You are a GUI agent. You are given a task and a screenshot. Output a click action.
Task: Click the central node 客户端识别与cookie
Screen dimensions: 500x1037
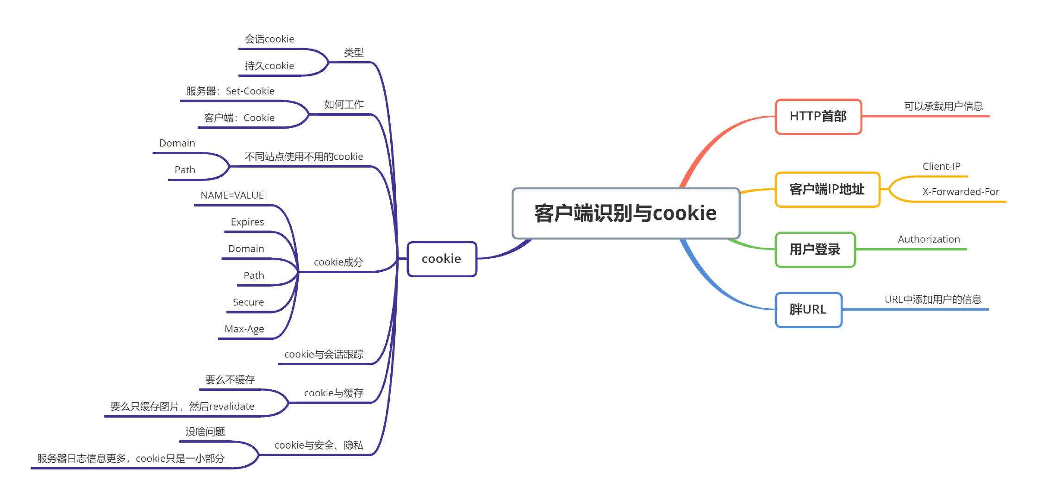(x=625, y=213)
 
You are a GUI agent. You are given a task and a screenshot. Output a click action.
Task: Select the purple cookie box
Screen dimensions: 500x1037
(x=442, y=259)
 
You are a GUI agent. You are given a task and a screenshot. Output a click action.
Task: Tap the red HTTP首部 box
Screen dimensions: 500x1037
(x=818, y=116)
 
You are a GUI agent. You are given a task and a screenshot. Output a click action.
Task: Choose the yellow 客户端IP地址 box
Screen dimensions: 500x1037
(x=827, y=189)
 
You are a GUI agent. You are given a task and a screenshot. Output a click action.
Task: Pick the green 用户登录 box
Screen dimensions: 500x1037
(x=815, y=250)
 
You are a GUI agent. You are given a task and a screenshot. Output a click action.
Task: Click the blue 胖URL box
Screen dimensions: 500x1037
(x=808, y=309)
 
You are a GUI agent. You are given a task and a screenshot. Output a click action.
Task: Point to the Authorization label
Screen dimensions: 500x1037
(x=929, y=239)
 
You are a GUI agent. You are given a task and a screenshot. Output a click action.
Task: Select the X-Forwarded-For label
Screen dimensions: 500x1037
(x=960, y=192)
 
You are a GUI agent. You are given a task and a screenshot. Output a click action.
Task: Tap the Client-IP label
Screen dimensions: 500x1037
(x=941, y=166)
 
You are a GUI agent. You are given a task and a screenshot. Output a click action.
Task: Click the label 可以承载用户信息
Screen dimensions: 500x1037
(x=943, y=106)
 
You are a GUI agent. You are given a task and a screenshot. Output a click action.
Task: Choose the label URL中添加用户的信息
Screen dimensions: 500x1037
(x=933, y=300)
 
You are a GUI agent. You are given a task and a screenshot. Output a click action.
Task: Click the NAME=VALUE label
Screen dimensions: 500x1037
(x=232, y=195)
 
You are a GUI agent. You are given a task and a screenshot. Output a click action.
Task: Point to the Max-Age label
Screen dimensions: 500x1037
(x=244, y=329)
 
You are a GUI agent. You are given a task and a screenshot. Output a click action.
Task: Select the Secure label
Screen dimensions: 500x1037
(x=248, y=302)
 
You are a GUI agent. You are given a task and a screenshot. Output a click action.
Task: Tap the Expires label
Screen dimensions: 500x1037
(x=247, y=222)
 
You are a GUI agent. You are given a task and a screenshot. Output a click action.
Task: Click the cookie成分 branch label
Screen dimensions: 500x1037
(x=338, y=262)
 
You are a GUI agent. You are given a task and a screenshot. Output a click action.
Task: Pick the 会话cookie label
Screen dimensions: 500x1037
(x=269, y=39)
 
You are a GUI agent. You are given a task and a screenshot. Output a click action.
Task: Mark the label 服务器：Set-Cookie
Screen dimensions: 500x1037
(x=230, y=91)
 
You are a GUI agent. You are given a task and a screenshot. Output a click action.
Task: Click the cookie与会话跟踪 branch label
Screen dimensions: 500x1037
(x=324, y=355)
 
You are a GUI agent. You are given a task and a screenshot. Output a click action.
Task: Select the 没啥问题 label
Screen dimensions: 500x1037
(x=205, y=432)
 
